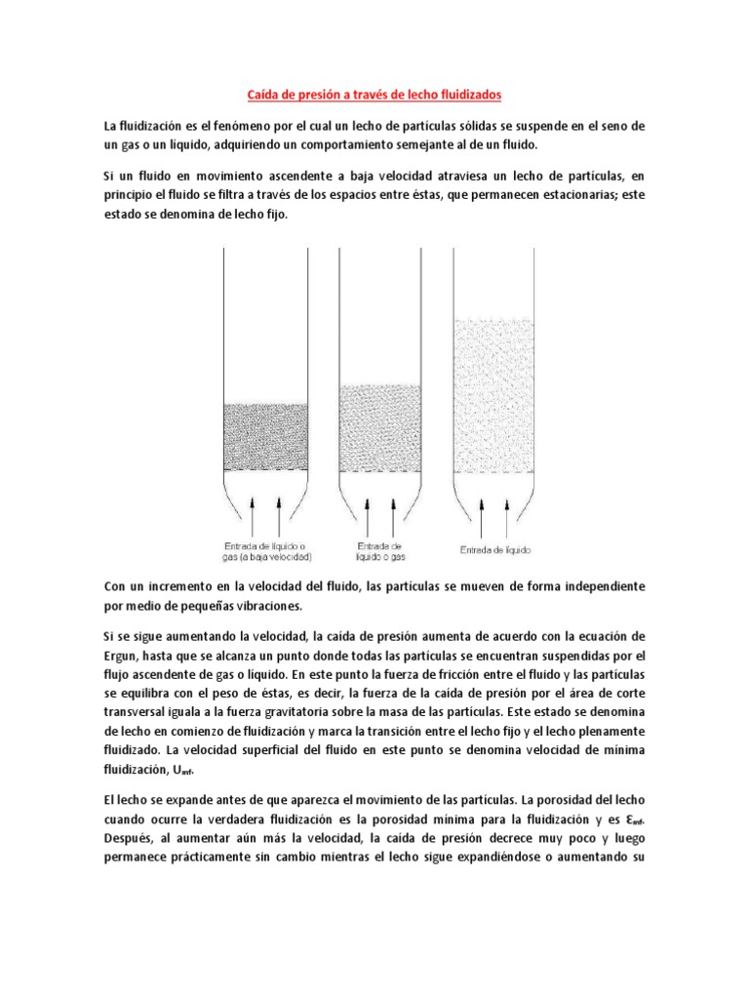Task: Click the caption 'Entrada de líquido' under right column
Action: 495,550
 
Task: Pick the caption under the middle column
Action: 381,551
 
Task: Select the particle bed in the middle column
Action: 381,425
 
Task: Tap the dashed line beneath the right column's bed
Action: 494,472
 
